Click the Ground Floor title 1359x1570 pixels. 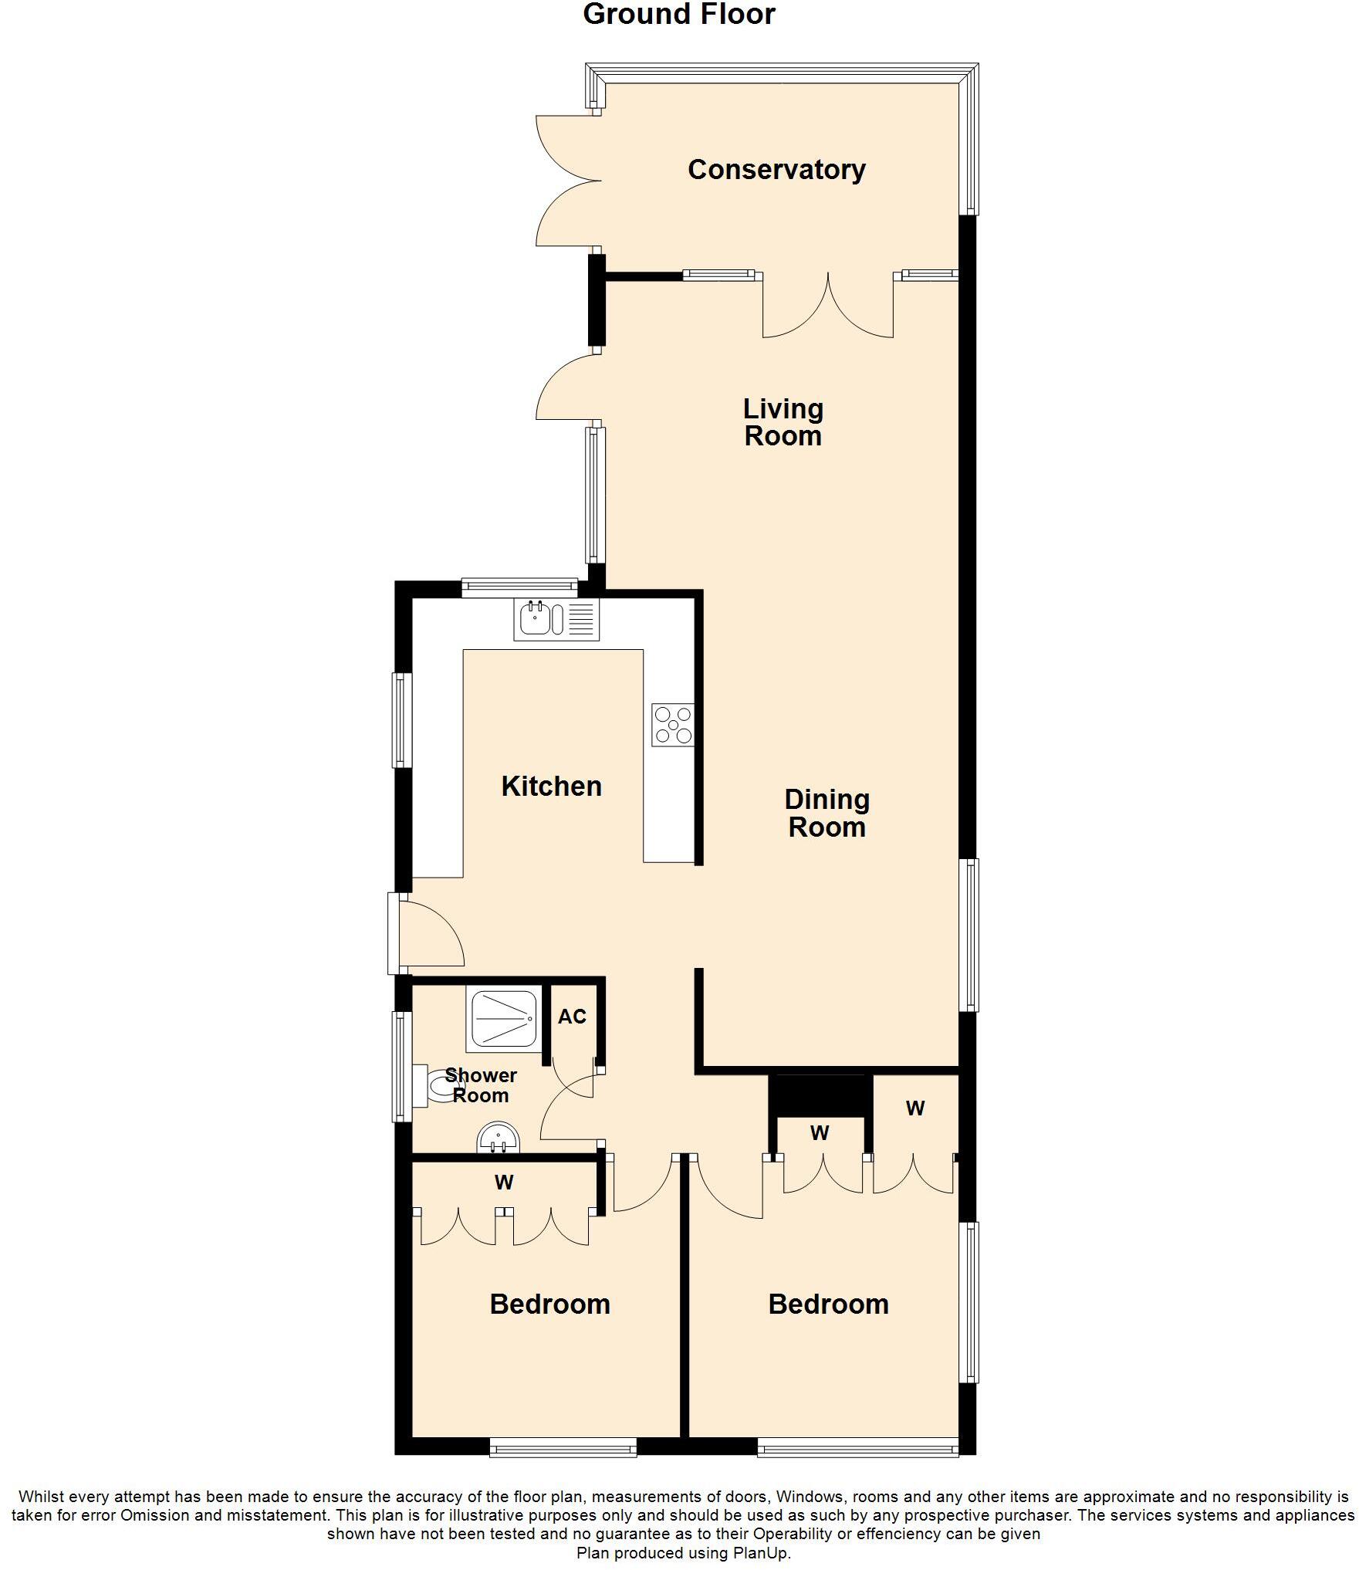[x=678, y=15]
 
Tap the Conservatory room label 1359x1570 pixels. [x=776, y=170]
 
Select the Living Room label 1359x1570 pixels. [x=783, y=422]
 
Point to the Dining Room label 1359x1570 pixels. [x=827, y=813]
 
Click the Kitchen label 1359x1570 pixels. [x=551, y=786]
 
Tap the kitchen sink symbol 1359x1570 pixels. [x=556, y=619]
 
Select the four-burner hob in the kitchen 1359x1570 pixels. [x=673, y=725]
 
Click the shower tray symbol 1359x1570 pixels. [x=502, y=1020]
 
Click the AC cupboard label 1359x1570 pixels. [x=572, y=1017]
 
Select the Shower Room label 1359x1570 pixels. [x=481, y=1084]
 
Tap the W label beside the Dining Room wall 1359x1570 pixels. [x=914, y=1108]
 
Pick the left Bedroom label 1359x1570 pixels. [x=549, y=1304]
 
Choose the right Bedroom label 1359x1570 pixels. [x=828, y=1304]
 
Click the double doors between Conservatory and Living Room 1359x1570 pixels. [x=828, y=305]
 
